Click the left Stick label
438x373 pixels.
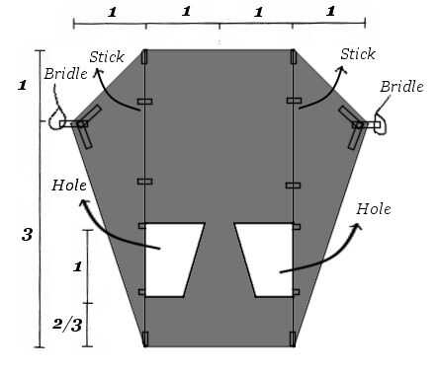click(x=107, y=56)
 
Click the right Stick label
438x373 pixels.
click(x=358, y=54)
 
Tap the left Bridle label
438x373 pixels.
click(x=66, y=74)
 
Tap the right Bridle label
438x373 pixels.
click(x=401, y=87)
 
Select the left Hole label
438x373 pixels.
click(x=69, y=186)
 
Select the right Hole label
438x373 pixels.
click(x=374, y=209)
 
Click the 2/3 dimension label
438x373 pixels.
click(x=67, y=325)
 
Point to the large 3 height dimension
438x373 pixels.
click(x=27, y=235)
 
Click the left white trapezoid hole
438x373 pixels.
click(x=171, y=260)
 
